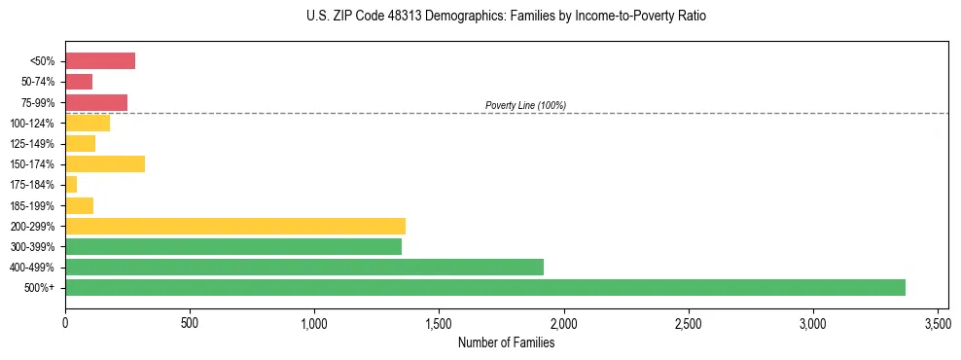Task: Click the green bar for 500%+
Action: [x=484, y=287]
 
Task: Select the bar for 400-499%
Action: [x=303, y=267]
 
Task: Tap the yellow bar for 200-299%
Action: [x=234, y=226]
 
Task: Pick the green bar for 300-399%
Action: [x=232, y=246]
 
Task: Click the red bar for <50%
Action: [x=99, y=61]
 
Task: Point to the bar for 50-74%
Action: [x=78, y=82]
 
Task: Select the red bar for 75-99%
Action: [x=95, y=102]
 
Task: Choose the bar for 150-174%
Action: [x=104, y=163]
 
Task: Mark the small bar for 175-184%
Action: [x=70, y=184]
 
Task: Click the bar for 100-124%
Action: [x=87, y=123]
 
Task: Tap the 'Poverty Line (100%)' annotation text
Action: [x=525, y=105]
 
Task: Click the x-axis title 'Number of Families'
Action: [x=507, y=342]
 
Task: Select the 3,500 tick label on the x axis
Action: [x=938, y=322]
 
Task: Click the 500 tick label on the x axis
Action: [x=190, y=322]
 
